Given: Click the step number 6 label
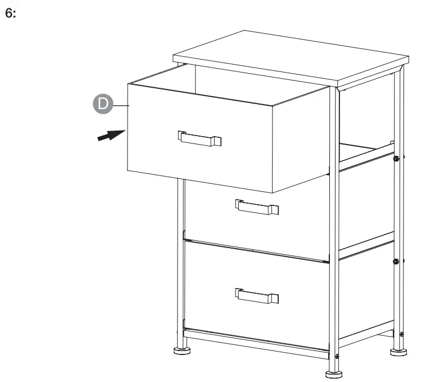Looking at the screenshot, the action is (x=11, y=14).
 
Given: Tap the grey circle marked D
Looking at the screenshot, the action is (x=103, y=104).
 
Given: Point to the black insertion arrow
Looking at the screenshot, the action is (x=111, y=135).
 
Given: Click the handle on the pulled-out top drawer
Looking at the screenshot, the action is (x=200, y=138).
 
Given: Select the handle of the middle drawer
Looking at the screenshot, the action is (x=257, y=207).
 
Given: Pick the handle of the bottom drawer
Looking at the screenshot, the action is (x=257, y=296).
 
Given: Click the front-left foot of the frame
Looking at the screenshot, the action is (x=182, y=351).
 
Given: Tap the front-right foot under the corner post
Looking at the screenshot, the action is (x=334, y=374).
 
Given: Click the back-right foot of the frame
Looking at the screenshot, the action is (x=398, y=352).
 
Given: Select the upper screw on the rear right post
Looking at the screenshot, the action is (x=396, y=159).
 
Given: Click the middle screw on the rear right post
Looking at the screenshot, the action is (x=396, y=261).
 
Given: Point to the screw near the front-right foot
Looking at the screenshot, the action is (x=337, y=357).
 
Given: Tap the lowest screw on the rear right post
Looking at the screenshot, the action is (x=401, y=334).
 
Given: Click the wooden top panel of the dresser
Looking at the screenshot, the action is (x=291, y=58).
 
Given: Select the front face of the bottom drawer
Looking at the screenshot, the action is (x=256, y=296).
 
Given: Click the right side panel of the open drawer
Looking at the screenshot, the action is (x=301, y=140).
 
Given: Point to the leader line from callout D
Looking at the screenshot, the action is (x=121, y=105).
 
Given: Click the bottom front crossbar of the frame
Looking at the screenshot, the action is (x=256, y=343).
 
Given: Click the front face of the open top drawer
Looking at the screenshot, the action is (x=200, y=138).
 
